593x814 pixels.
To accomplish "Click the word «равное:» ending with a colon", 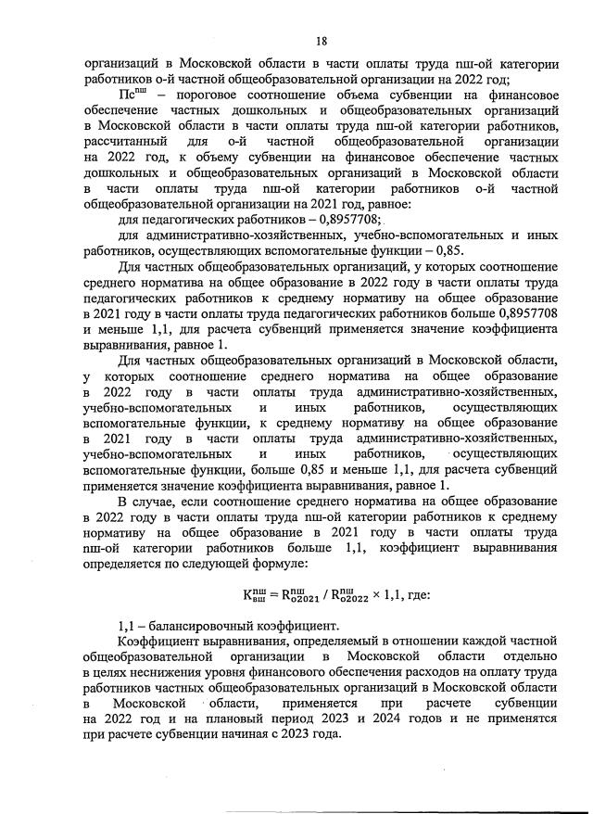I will pos(386,203).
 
